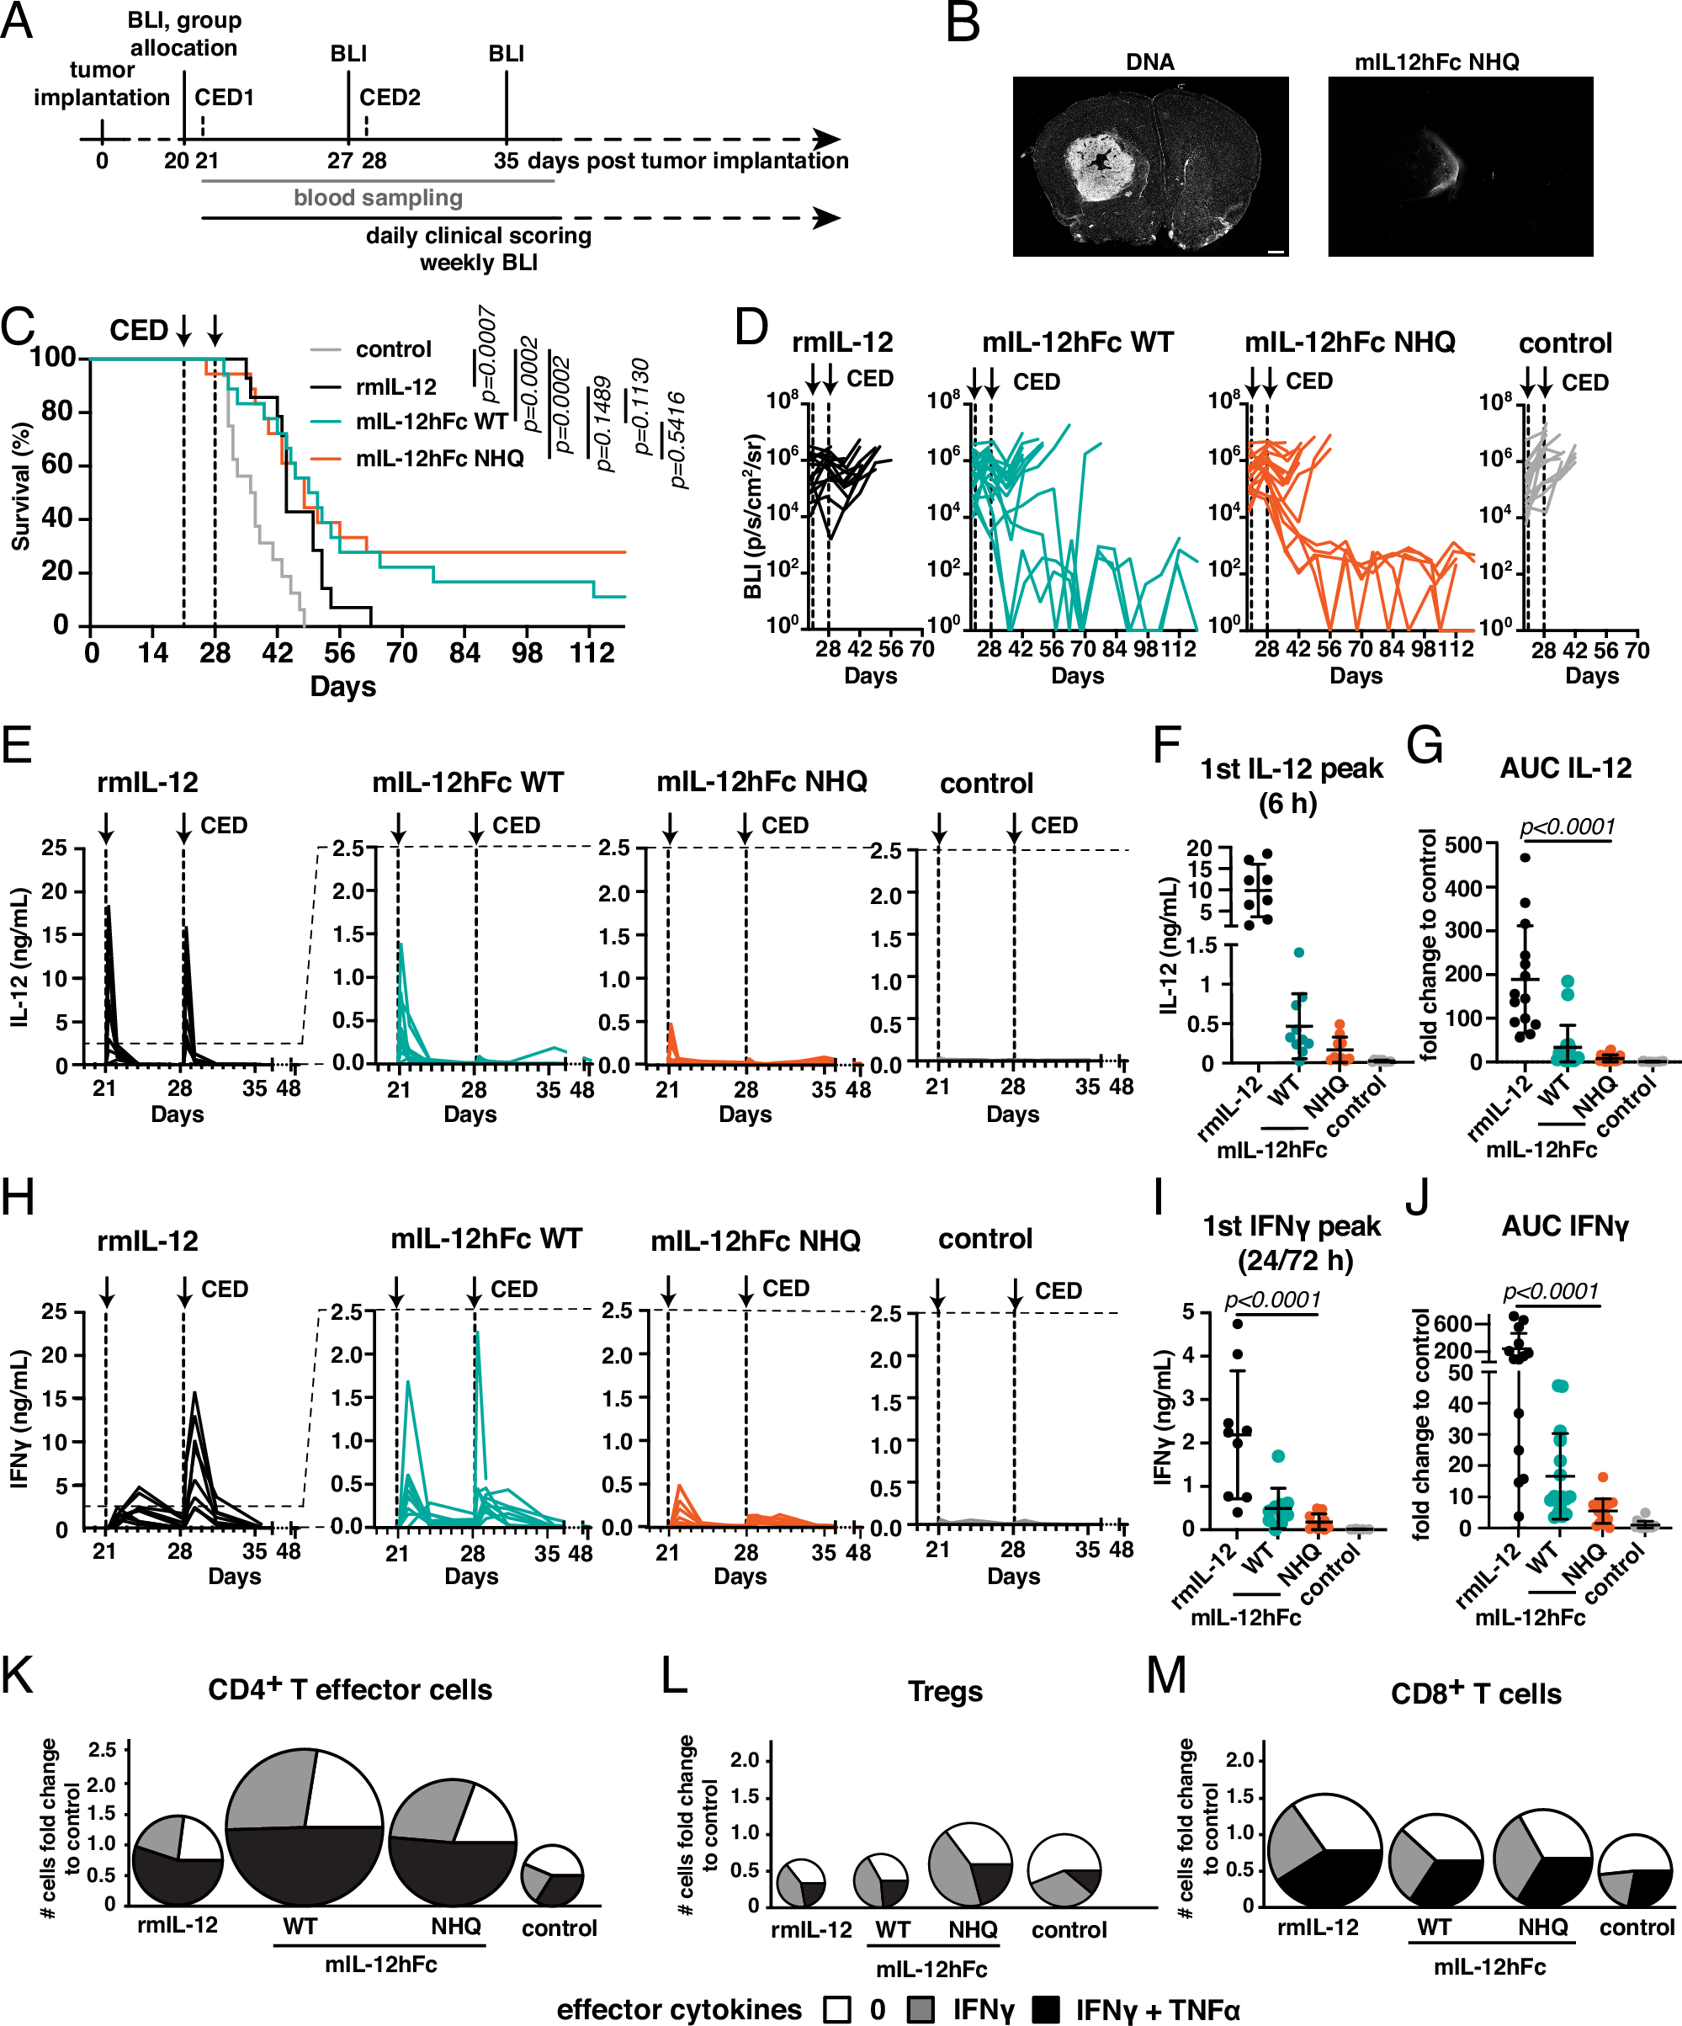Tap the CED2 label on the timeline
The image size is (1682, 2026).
pyautogui.click(x=390, y=98)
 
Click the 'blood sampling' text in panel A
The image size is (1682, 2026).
pyautogui.click(x=378, y=198)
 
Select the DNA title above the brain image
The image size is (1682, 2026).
pyautogui.click(x=1149, y=61)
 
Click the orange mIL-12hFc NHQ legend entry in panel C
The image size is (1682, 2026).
pyautogui.click(x=439, y=458)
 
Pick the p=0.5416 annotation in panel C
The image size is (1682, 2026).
pyautogui.click(x=678, y=440)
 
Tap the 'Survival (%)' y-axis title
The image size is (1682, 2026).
pyautogui.click(x=21, y=487)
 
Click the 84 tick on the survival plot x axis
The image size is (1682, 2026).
pyautogui.click(x=464, y=653)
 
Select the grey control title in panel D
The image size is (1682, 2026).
pyautogui.click(x=1564, y=343)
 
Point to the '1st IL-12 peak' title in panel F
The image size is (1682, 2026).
pyautogui.click(x=1291, y=769)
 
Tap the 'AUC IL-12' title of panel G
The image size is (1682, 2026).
pyautogui.click(x=1565, y=768)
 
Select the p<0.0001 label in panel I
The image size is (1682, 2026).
pyautogui.click(x=1272, y=1300)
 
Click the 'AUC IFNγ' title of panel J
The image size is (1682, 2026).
pyautogui.click(x=1564, y=1226)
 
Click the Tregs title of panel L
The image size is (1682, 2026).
pyautogui.click(x=944, y=1691)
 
